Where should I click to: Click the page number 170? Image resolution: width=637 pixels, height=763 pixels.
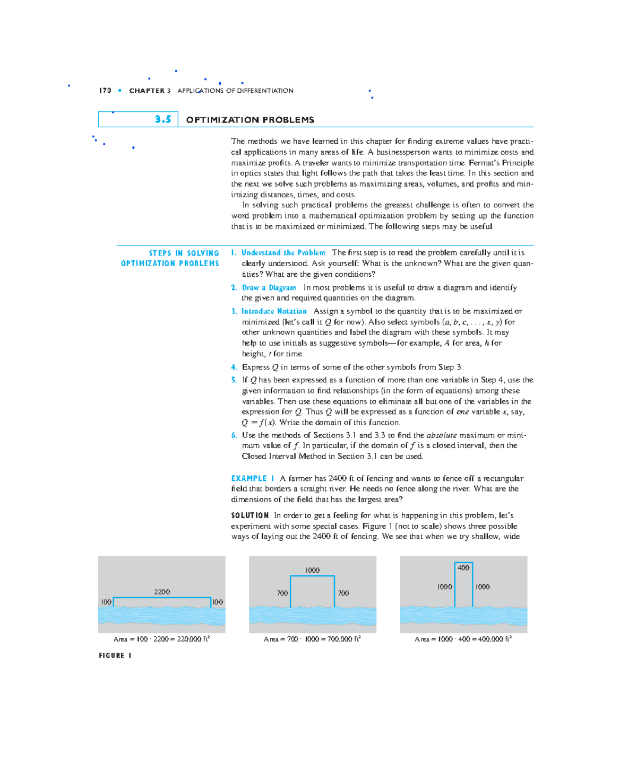pyautogui.click(x=105, y=91)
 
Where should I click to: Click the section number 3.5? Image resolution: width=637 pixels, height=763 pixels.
pyautogui.click(x=163, y=119)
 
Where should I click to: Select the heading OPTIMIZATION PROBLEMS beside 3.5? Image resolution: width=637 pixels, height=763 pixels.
pyautogui.click(x=250, y=120)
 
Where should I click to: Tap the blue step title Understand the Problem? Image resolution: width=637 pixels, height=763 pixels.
pyautogui.click(x=283, y=253)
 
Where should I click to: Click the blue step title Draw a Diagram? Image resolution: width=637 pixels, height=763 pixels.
pyautogui.click(x=269, y=287)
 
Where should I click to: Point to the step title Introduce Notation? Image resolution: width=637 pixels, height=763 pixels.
pyautogui.click(x=274, y=311)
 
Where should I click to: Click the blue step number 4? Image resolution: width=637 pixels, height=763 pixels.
pyautogui.click(x=234, y=367)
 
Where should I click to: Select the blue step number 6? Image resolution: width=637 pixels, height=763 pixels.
pyautogui.click(x=234, y=435)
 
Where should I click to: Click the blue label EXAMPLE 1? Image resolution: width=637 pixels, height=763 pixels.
pyautogui.click(x=253, y=478)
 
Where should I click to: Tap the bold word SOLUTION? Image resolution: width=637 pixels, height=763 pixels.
pyautogui.click(x=250, y=515)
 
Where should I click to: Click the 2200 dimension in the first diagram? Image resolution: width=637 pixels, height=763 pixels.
pyautogui.click(x=162, y=592)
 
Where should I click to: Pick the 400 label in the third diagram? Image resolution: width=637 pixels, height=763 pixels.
pyautogui.click(x=463, y=568)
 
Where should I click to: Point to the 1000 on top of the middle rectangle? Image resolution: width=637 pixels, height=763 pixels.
pyautogui.click(x=312, y=570)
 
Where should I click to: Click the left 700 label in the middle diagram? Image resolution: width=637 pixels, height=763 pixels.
pyautogui.click(x=282, y=593)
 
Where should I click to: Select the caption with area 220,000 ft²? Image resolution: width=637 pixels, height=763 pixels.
pyautogui.click(x=161, y=639)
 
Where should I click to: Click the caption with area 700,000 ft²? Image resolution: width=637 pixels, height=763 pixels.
pyautogui.click(x=312, y=639)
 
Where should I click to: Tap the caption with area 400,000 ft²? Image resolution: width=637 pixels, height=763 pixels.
pyautogui.click(x=463, y=639)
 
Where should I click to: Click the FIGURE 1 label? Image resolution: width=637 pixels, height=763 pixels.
pyautogui.click(x=115, y=656)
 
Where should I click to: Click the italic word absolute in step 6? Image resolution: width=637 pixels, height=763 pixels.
pyautogui.click(x=441, y=435)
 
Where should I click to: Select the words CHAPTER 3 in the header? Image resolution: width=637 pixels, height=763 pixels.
pyautogui.click(x=150, y=91)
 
